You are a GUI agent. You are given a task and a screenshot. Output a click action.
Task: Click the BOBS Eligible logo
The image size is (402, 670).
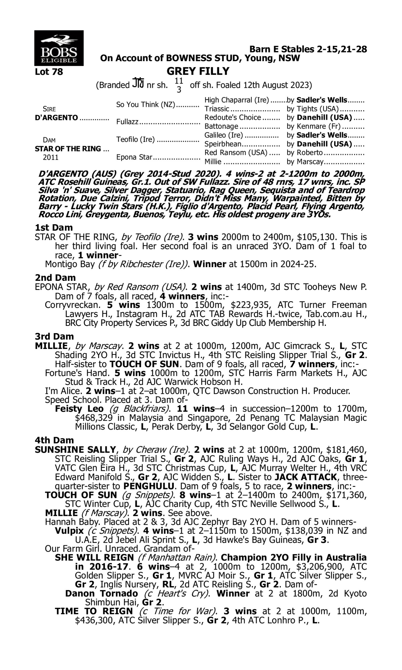(x=59, y=48)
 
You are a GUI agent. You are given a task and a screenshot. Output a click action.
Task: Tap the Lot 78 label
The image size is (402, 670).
(x=49, y=72)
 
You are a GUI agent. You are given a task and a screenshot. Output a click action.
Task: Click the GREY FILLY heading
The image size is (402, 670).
(x=198, y=71)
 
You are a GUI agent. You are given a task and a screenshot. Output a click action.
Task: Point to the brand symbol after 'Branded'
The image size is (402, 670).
(x=138, y=83)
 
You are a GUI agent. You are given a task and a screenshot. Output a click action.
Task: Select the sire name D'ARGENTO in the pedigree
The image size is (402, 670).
(x=56, y=118)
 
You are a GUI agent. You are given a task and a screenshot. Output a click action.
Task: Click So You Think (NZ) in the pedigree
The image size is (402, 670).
(x=146, y=105)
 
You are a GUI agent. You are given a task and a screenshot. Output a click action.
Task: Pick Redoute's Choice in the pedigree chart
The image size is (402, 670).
(x=233, y=118)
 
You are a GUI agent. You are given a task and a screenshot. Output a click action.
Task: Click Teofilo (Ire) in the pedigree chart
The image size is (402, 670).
(x=135, y=139)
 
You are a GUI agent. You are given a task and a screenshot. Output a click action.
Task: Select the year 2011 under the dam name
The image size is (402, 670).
(x=51, y=158)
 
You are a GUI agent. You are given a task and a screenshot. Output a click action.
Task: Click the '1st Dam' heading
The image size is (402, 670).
(x=54, y=228)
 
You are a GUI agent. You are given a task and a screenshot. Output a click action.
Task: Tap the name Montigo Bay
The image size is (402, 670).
(x=70, y=264)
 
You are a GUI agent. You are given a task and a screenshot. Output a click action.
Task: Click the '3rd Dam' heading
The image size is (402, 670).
(x=54, y=336)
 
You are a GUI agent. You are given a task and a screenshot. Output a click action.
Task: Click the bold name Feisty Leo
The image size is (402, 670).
(x=79, y=409)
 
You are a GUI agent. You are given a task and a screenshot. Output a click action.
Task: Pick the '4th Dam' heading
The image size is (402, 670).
(x=54, y=440)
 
